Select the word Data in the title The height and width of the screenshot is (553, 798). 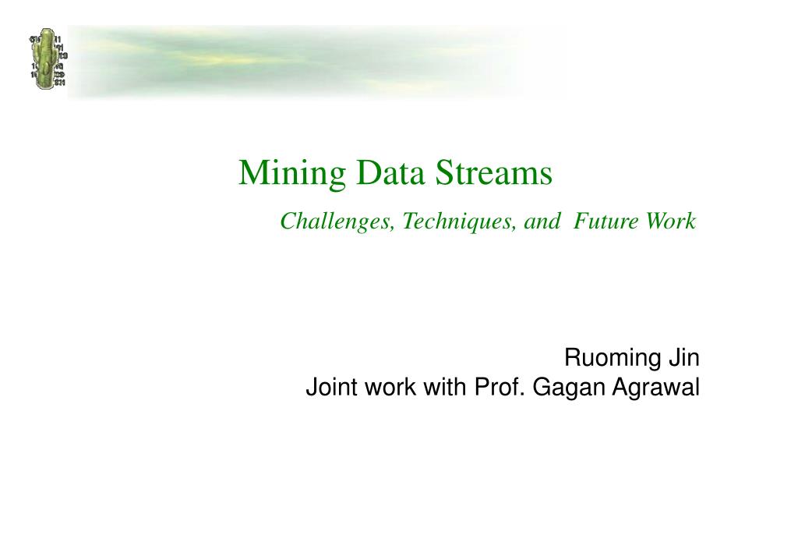[x=390, y=172]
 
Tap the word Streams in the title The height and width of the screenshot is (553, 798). [x=493, y=172]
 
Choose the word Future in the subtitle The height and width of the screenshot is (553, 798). [x=606, y=221]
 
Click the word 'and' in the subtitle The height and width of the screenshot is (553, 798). [x=542, y=221]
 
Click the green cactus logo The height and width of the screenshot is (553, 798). [x=48, y=59]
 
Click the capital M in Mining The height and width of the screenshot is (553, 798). [x=253, y=172]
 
